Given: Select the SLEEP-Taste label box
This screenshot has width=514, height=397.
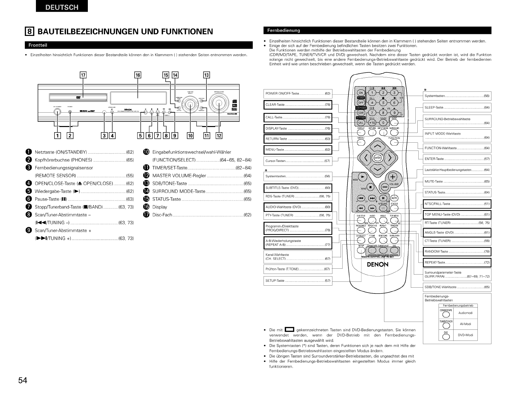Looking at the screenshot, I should pyautogui.click(x=457, y=107).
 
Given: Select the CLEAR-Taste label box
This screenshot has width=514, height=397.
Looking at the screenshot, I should pyautogui.click(x=297, y=104).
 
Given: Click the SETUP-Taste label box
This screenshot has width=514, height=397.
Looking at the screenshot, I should pyautogui.click(x=297, y=280).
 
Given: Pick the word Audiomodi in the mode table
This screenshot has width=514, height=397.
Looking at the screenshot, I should pyautogui.click(x=465, y=313).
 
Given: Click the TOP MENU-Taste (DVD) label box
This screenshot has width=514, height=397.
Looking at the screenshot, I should pyautogui.click(x=457, y=214).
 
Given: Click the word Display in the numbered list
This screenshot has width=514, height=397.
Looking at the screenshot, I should pyautogui.click(x=160, y=207).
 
